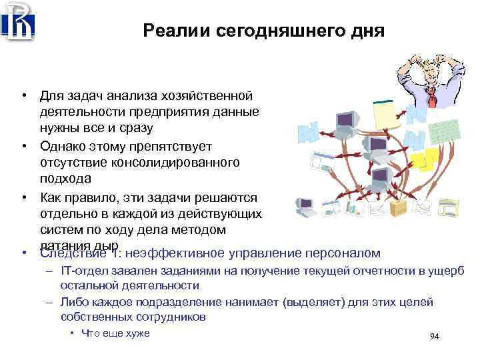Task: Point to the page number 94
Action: [x=435, y=336]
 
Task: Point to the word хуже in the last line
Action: [x=137, y=333]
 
